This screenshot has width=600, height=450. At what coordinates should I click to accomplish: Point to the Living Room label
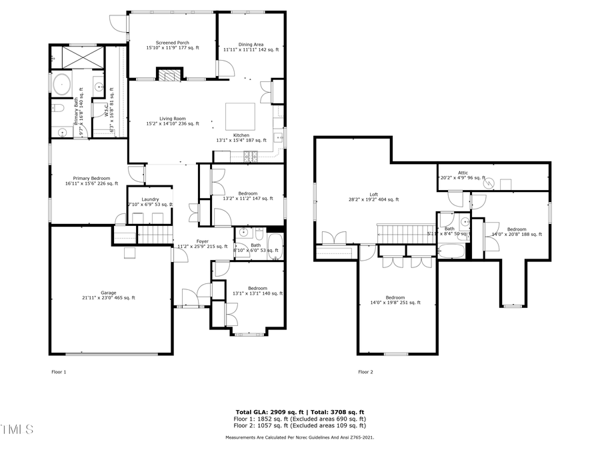point(173,121)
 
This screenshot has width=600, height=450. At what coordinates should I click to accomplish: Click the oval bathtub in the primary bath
point(62,85)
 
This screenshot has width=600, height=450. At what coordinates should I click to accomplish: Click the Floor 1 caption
point(59,371)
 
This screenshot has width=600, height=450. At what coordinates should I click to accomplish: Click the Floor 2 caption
point(365,371)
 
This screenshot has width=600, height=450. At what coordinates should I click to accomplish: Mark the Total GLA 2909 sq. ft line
point(299,412)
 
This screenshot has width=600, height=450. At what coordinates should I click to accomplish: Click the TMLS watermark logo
point(17,429)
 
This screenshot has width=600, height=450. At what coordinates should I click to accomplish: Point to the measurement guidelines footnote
point(299,437)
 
